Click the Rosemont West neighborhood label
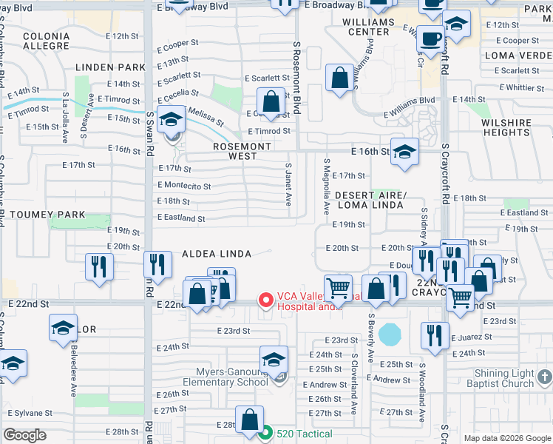[242, 152]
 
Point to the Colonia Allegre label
[46, 41]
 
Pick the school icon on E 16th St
[404, 152]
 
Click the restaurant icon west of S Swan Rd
[99, 266]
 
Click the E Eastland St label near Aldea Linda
[181, 218]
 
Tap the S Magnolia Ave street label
[326, 184]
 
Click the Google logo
[24, 435]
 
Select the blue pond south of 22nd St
[387, 334]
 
